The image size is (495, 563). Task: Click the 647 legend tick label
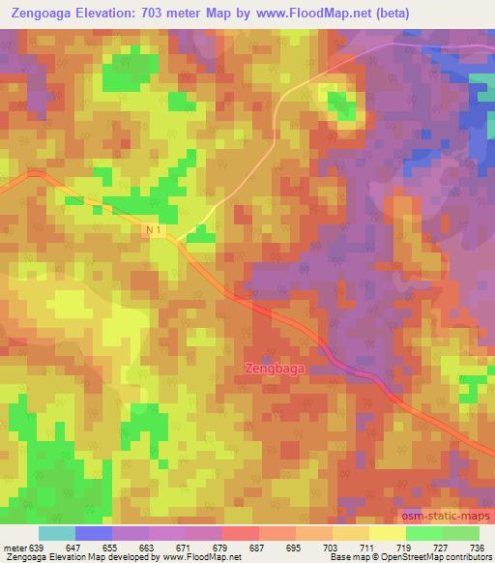coord(75,547)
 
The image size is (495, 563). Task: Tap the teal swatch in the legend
coord(57,533)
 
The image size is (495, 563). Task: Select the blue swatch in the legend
coord(94,533)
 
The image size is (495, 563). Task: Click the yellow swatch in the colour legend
coord(388,533)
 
